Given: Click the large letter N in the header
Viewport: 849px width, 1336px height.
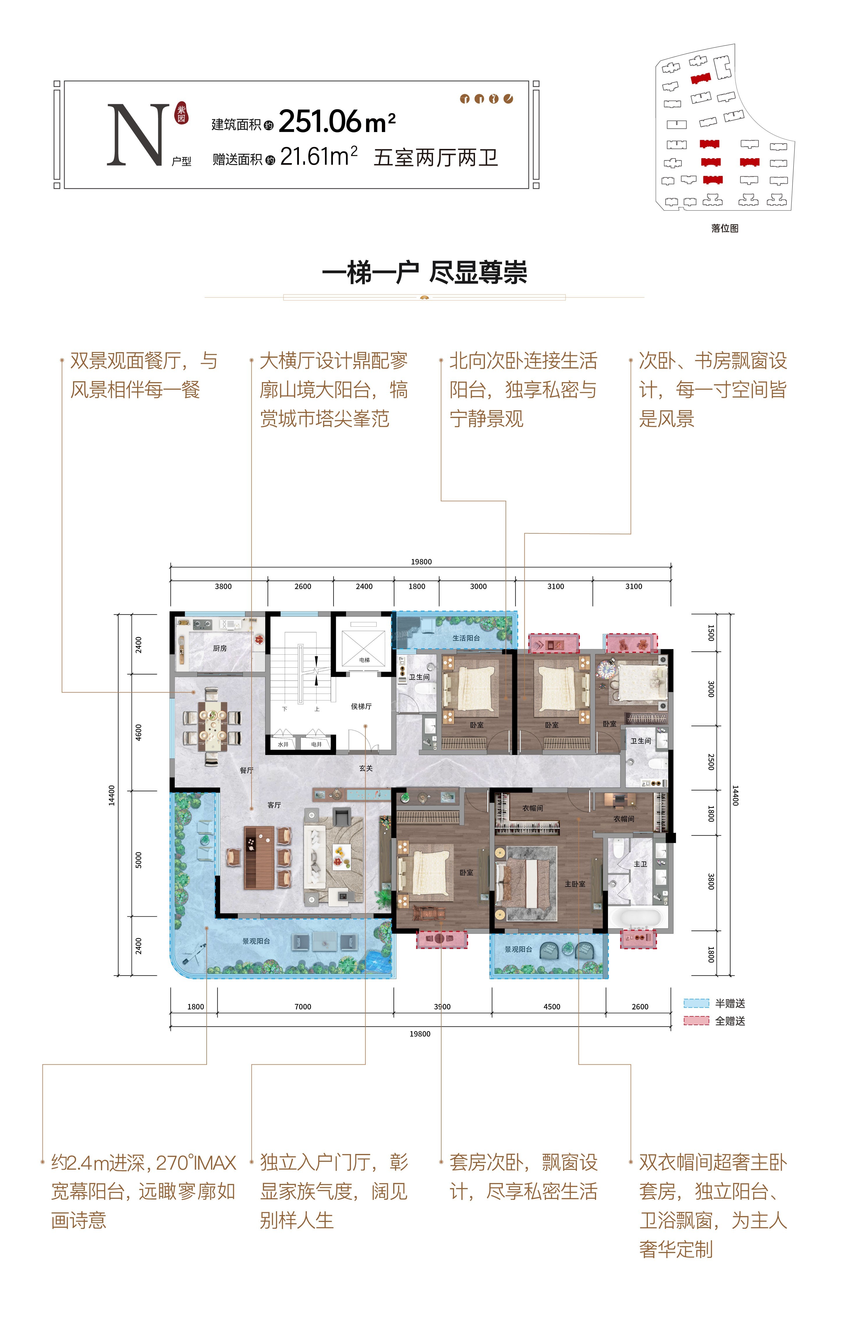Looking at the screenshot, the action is [x=138, y=135].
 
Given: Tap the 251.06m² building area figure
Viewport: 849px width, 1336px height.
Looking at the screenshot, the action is [x=337, y=121].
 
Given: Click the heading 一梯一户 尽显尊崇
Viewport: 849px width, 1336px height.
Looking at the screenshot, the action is [x=424, y=272].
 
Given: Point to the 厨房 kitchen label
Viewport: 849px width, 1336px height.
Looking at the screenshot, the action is [x=220, y=648].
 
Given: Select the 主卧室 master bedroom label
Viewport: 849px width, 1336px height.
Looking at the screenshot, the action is [x=575, y=884].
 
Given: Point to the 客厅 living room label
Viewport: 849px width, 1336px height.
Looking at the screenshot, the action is [x=274, y=805].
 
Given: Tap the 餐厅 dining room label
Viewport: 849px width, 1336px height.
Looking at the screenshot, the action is [x=247, y=770].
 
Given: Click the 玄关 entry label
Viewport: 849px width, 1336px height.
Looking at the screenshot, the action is [x=366, y=768].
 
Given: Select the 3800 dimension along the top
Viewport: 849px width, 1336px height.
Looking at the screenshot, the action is [x=223, y=587].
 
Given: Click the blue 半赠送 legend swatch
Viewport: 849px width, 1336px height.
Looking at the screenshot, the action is [x=696, y=1003].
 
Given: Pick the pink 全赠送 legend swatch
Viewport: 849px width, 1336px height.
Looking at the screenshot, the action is [x=696, y=1021].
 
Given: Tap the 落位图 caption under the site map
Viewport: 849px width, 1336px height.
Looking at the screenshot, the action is [x=725, y=228].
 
